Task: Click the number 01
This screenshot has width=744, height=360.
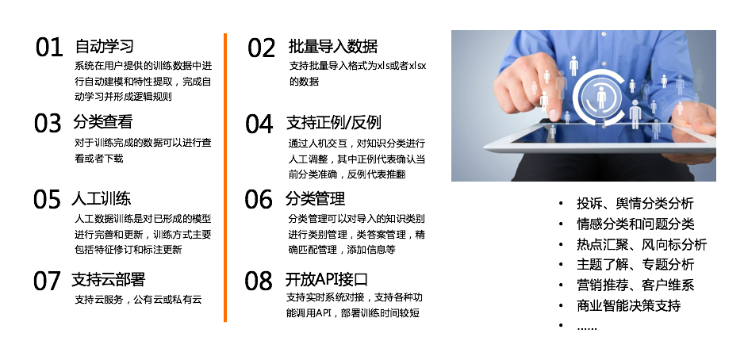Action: (49, 48)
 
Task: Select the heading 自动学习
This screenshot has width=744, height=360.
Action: (105, 46)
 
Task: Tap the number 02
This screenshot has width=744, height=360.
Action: (262, 48)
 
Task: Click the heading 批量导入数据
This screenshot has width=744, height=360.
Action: (333, 47)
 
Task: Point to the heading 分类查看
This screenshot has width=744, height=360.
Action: (102, 122)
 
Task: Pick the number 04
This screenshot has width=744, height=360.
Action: (259, 124)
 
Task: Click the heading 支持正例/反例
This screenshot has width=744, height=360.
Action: (334, 123)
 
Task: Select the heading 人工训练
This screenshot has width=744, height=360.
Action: (101, 197)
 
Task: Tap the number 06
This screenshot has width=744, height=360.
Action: (259, 199)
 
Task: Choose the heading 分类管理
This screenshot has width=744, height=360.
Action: (315, 198)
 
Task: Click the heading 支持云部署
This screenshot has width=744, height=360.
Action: (108, 279)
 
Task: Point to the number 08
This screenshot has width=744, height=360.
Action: (259, 281)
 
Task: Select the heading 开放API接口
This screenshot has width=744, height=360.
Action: (327, 279)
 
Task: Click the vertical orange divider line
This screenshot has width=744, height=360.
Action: (225, 178)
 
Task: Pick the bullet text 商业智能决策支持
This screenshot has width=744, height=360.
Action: (629, 305)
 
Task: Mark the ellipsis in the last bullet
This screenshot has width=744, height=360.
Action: (587, 327)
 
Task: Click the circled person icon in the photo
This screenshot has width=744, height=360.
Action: (601, 98)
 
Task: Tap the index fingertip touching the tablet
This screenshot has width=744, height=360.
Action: (554, 114)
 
